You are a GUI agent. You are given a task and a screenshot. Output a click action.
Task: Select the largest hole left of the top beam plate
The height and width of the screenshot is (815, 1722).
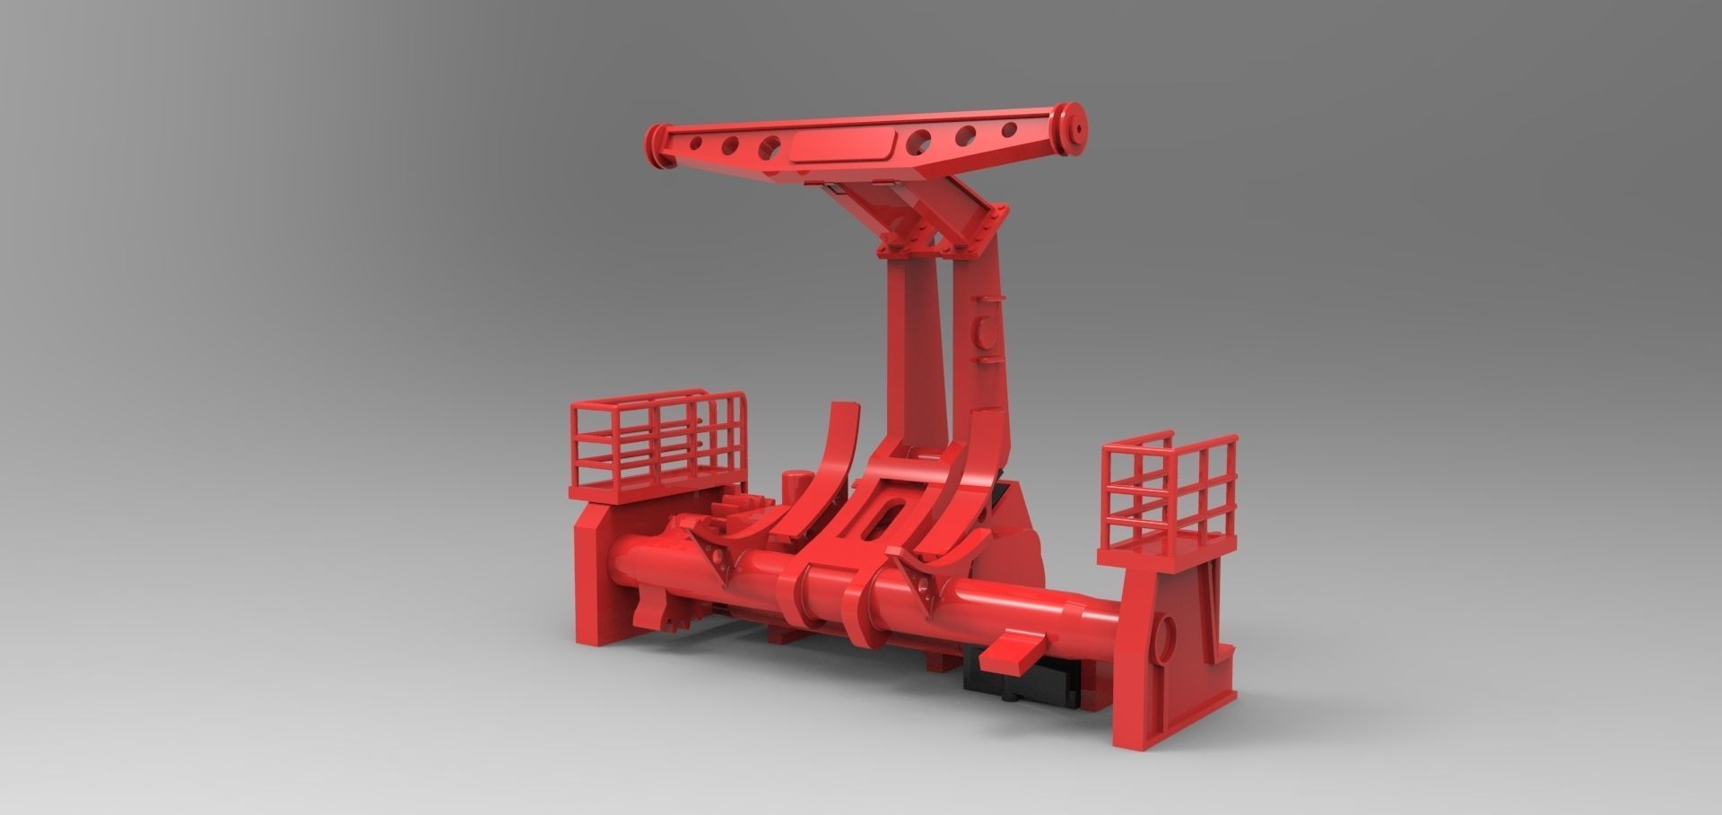pyautogui.click(x=770, y=145)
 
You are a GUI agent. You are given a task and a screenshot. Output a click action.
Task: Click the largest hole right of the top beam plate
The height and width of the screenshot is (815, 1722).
pyautogui.click(x=920, y=139)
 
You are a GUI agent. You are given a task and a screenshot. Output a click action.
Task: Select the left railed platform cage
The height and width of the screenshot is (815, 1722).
pyautogui.click(x=658, y=443)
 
